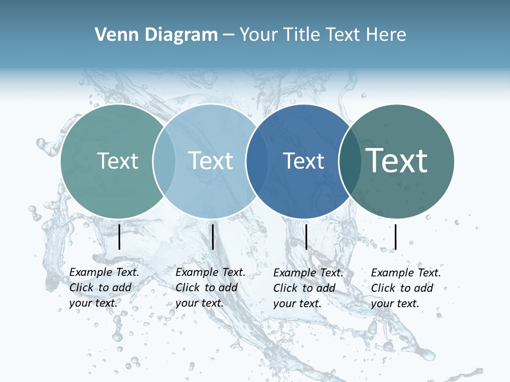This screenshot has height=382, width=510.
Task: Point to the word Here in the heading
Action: tap(387, 35)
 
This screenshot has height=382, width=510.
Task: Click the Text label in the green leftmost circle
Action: tap(117, 161)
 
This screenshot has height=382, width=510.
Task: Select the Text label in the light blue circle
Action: tap(211, 161)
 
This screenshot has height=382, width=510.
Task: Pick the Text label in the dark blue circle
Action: tap(304, 161)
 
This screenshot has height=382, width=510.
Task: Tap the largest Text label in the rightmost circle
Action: tap(397, 161)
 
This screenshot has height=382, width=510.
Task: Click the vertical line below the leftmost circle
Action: tap(120, 237)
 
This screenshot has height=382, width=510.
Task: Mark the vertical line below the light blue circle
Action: tap(212, 237)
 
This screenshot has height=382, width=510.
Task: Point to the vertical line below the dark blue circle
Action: tap(307, 237)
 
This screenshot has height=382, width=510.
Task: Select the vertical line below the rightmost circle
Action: tap(396, 237)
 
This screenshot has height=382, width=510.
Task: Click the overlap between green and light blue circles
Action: tap(164, 161)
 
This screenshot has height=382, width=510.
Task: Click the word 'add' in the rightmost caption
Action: tap(423, 288)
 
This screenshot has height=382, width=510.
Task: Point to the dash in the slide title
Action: tap(228, 35)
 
